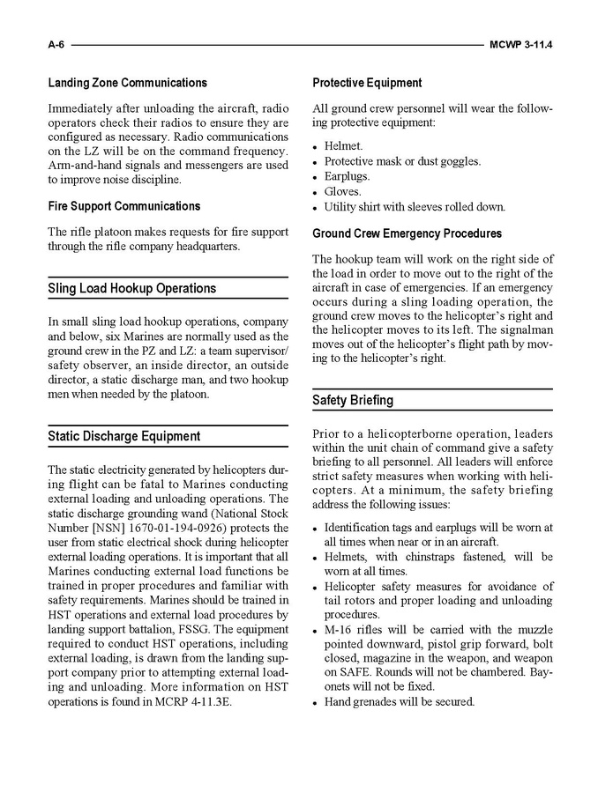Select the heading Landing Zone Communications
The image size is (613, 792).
click(x=127, y=83)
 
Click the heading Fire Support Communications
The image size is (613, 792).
click(x=123, y=206)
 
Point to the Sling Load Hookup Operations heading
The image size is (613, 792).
click(x=131, y=288)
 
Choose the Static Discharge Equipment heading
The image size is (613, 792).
click(x=123, y=436)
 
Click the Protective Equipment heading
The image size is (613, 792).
click(x=367, y=83)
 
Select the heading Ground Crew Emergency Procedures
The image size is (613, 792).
click(x=407, y=233)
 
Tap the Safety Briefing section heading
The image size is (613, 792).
click(x=353, y=400)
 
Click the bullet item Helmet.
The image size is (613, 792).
click(x=343, y=146)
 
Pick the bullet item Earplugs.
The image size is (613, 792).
click(x=347, y=176)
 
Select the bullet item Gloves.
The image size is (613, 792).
click(x=342, y=191)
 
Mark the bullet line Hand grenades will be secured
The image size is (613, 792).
click(x=399, y=702)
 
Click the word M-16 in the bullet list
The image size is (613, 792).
click(x=340, y=629)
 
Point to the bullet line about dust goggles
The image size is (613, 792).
click(x=402, y=161)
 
